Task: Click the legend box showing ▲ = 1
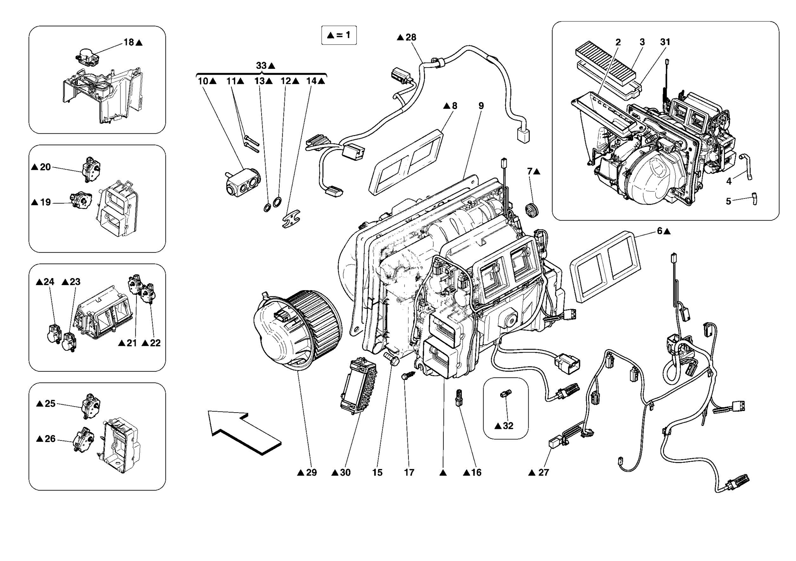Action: pyautogui.click(x=339, y=35)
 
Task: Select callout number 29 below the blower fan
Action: pyautogui.click(x=311, y=472)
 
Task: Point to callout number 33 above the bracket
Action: pyautogui.click(x=262, y=66)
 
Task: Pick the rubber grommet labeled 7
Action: pyautogui.click(x=531, y=211)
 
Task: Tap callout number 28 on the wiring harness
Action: pyautogui.click(x=411, y=37)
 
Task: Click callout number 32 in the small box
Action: pyautogui.click(x=508, y=426)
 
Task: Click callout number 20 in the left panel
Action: pyautogui.click(x=45, y=167)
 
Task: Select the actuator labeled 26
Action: pyautogui.click(x=83, y=439)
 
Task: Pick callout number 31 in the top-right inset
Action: pyautogui.click(x=665, y=42)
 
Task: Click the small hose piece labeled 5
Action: pyautogui.click(x=754, y=199)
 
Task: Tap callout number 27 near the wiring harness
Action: pyautogui.click(x=543, y=472)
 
